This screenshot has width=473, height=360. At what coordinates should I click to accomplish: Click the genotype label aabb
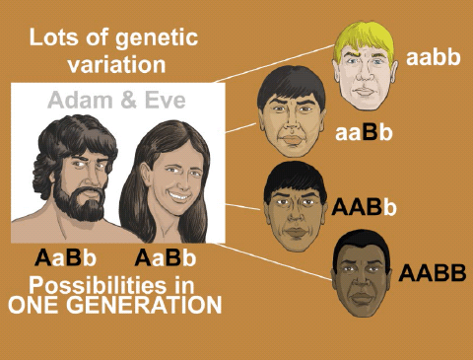pyautogui.click(x=433, y=56)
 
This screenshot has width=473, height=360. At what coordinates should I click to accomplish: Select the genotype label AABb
pyautogui.click(x=365, y=207)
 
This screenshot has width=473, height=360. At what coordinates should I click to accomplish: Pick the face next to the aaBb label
pyautogui.click(x=293, y=116)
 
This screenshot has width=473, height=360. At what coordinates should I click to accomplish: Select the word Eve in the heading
pyautogui.click(x=161, y=100)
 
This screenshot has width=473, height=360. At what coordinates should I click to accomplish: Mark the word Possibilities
pyautogui.click(x=94, y=285)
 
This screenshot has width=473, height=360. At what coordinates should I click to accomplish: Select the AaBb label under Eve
pyautogui.click(x=167, y=259)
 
